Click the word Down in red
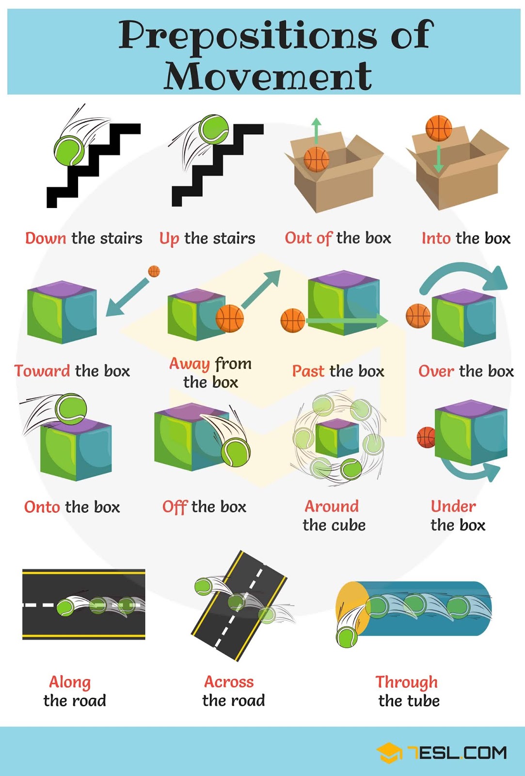(46, 238)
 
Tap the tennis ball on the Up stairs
(214, 129)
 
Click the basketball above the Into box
(438, 129)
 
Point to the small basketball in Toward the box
(154, 271)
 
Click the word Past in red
(308, 372)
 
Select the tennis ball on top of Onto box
(71, 409)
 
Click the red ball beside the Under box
(426, 437)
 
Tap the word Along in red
(70, 682)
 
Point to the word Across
(229, 682)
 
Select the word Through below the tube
(406, 682)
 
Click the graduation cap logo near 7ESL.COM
(389, 753)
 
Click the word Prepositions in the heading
(247, 35)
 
